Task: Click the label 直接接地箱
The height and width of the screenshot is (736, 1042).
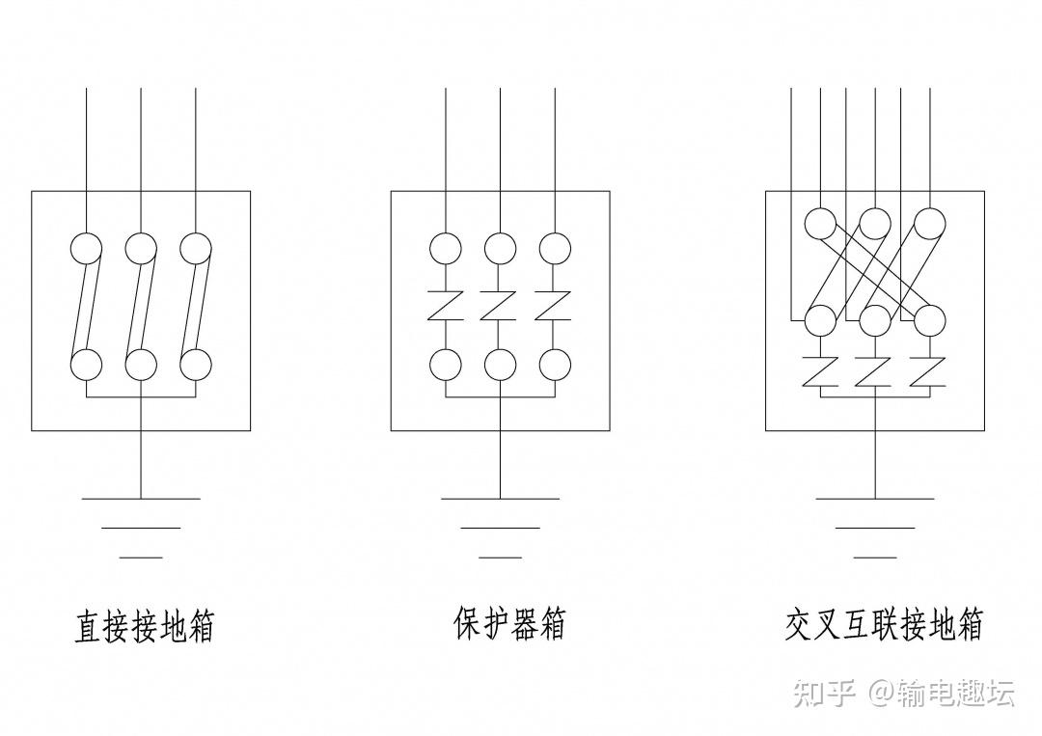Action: (144, 625)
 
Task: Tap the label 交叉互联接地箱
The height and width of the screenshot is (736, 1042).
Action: (884, 624)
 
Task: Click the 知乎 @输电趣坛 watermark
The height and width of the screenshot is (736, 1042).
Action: (902, 693)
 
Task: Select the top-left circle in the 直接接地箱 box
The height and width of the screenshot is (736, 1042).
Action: (86, 249)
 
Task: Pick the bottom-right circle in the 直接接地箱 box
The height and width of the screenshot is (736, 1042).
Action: (196, 365)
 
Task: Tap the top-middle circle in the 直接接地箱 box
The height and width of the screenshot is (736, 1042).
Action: (141, 249)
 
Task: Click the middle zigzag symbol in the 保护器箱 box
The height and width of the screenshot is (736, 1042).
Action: (500, 307)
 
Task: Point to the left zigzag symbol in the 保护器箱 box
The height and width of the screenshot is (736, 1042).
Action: (445, 307)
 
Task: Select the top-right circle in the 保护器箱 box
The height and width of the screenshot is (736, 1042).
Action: (555, 249)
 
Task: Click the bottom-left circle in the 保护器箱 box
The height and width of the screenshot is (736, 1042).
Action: (445, 365)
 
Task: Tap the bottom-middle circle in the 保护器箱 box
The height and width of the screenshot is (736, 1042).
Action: (500, 365)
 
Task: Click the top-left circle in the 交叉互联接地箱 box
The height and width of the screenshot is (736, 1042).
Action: (820, 224)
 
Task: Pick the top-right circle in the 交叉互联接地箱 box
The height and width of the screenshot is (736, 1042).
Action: (930, 224)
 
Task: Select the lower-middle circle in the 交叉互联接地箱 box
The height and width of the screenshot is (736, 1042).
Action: (875, 319)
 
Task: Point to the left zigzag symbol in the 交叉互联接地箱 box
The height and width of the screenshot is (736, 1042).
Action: (820, 370)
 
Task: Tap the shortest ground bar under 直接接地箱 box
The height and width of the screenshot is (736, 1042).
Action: (141, 558)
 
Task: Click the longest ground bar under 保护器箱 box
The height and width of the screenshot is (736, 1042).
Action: (500, 499)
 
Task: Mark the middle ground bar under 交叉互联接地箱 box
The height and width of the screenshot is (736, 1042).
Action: (875, 528)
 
